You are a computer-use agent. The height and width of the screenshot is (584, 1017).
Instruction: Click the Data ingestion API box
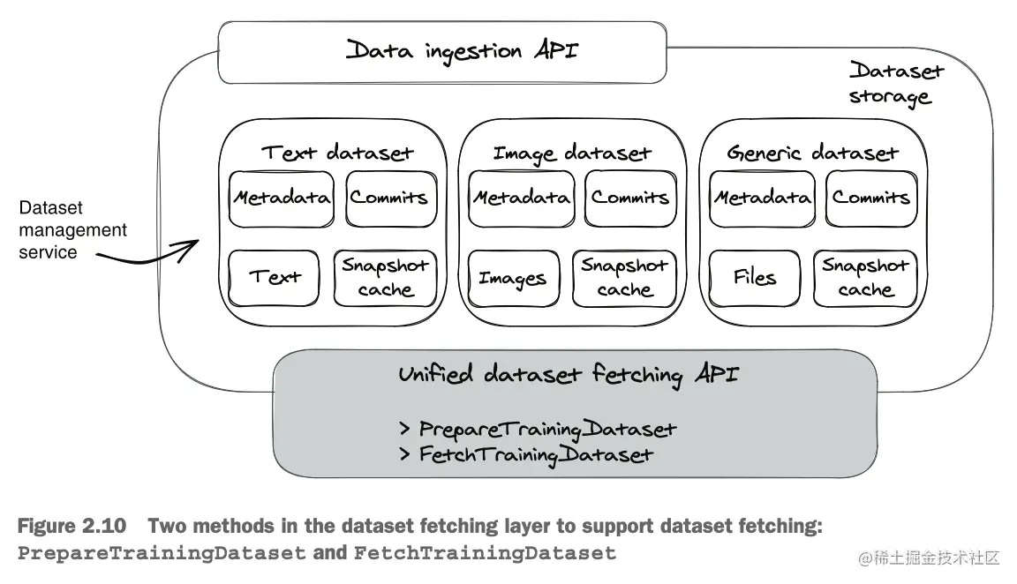coord(441,51)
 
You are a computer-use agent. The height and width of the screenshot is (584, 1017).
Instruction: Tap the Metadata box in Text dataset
coord(281,198)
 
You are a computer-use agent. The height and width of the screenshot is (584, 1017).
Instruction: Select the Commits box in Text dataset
coord(389,198)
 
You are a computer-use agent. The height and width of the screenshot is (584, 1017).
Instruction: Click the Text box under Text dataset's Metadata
coord(275,277)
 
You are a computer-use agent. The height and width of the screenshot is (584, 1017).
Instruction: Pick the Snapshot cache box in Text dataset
coord(386,277)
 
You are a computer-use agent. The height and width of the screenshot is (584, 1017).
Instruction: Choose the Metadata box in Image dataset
coord(521,198)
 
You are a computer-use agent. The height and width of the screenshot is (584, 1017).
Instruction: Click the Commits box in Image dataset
coord(629,198)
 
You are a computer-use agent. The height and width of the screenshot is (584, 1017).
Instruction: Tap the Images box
coord(513,279)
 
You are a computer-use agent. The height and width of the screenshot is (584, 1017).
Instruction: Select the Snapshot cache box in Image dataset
coord(624,277)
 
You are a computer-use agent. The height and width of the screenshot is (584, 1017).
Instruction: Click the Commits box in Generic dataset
coord(870,198)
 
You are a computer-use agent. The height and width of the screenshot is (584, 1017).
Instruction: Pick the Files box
coord(755,278)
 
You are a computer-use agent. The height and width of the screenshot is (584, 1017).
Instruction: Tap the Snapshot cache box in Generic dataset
coord(865,277)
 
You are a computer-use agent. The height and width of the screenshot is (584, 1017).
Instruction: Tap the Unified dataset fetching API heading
coord(568,374)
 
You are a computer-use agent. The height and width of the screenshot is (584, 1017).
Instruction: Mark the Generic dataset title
coord(812,153)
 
